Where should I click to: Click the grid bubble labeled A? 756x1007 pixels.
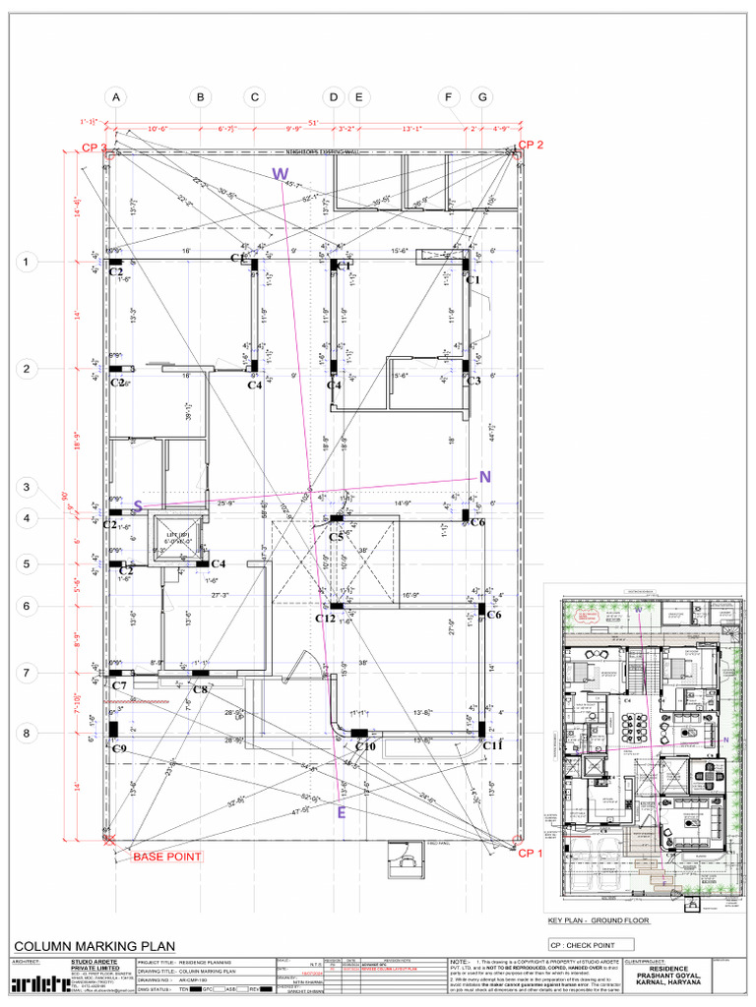coord(117,97)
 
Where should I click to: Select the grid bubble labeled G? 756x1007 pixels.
coord(482,97)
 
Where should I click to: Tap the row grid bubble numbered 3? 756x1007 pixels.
coord(28,487)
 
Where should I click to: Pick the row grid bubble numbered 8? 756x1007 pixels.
coord(28,733)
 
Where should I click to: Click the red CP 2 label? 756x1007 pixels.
coord(531,145)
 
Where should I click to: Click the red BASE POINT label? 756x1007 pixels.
coord(167,857)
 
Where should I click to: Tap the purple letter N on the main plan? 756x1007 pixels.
coord(484,477)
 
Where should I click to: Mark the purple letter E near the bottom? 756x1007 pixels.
coord(341,812)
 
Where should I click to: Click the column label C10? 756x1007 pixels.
coord(365,747)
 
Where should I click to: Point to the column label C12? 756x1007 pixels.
coord(326,619)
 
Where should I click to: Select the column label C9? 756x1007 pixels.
coord(119,749)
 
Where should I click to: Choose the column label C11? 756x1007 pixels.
coord(492,746)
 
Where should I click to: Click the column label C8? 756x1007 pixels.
coord(200,689)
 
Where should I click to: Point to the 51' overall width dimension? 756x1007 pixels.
coord(313,122)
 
